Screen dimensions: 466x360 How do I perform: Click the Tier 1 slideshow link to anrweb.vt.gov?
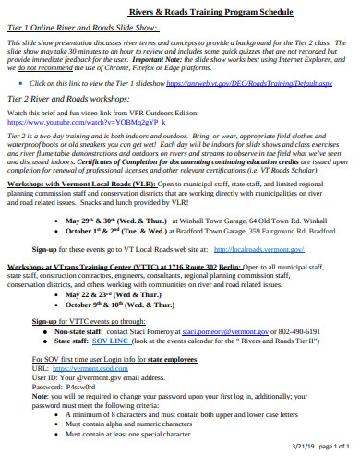point(245,83)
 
